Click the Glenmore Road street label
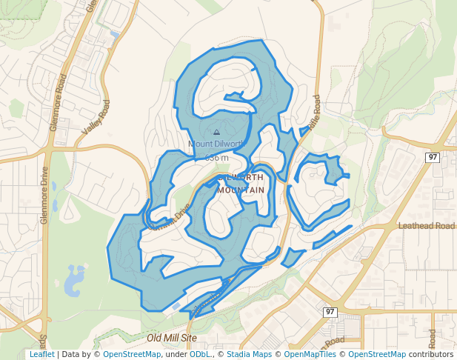click(59, 103)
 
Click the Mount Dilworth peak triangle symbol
click(216, 133)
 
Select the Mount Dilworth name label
click(216, 144)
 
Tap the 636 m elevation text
click(216, 158)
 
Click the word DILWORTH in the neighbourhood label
click(241, 178)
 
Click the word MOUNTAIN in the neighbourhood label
click(241, 190)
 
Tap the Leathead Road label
click(426, 226)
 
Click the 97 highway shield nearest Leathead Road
click(433, 157)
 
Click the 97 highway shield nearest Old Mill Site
click(330, 312)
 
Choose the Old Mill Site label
click(172, 337)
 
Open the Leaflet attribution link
click(41, 354)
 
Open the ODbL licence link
click(200, 354)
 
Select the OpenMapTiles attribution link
click(310, 354)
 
